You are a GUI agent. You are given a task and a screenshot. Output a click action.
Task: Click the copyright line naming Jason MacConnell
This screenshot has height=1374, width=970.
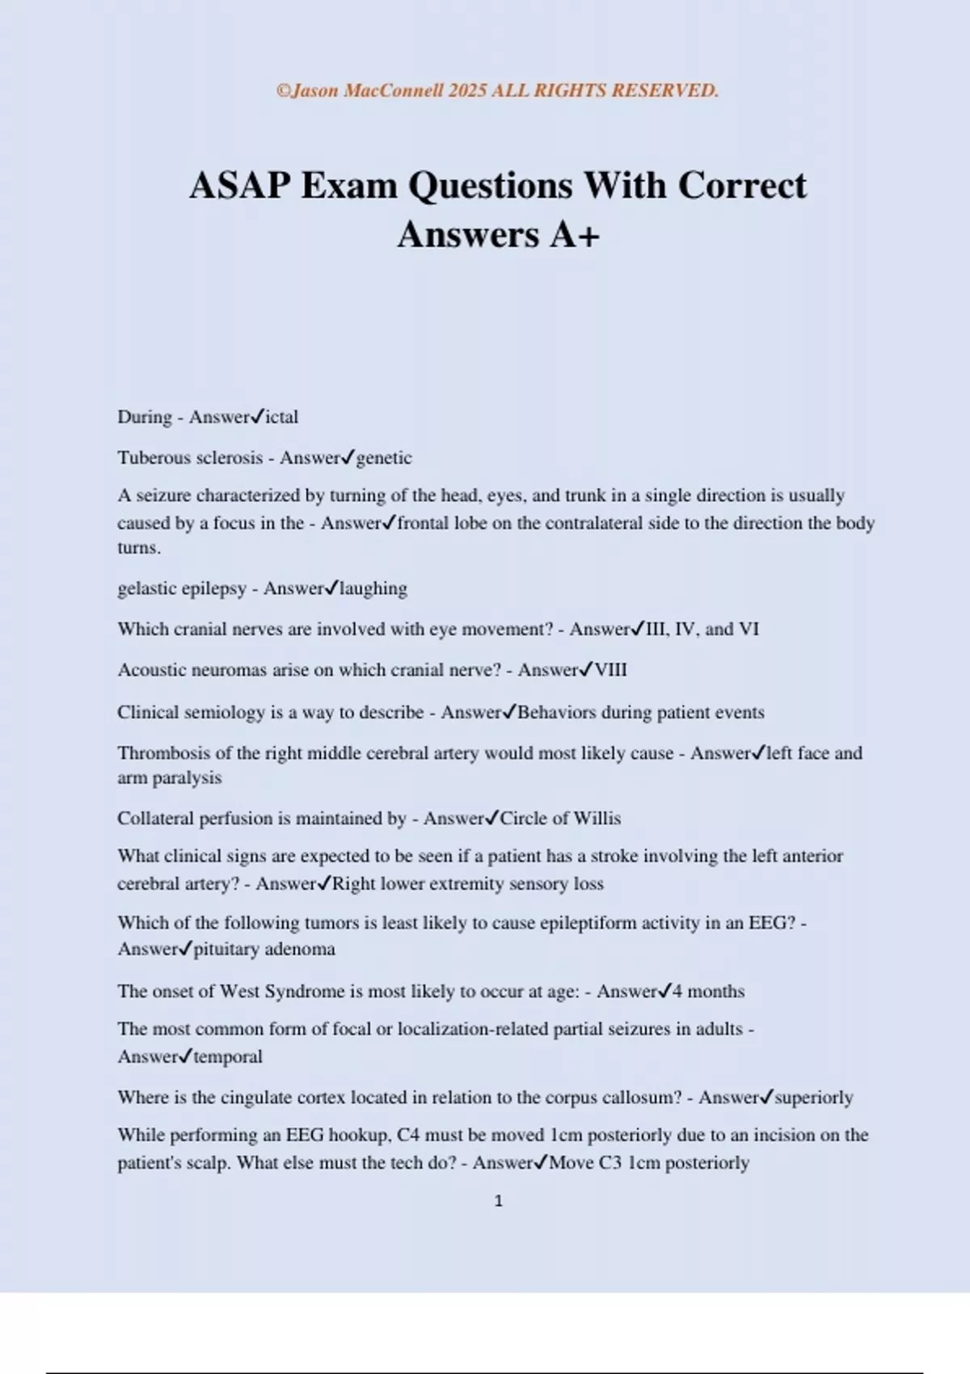click(x=497, y=91)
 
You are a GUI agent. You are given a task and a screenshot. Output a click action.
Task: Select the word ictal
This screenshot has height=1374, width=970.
click(x=282, y=417)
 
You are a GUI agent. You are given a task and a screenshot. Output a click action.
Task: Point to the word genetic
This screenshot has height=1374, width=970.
click(x=384, y=458)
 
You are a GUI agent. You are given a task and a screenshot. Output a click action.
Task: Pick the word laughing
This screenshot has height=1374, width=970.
click(x=373, y=588)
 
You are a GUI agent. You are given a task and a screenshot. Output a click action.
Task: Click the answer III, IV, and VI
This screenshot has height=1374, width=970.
click(x=702, y=629)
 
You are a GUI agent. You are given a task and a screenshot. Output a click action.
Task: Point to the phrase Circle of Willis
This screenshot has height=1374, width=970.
click(x=560, y=818)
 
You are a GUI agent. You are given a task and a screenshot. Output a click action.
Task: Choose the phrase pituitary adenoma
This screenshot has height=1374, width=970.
click(x=264, y=949)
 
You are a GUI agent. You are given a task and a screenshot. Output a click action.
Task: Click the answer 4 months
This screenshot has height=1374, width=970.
click(x=708, y=991)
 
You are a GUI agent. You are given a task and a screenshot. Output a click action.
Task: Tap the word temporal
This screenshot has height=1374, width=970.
click(x=228, y=1056)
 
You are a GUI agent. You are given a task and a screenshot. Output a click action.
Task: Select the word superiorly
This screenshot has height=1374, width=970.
click(x=814, y=1098)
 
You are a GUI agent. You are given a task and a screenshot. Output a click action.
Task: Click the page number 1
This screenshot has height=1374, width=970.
click(x=498, y=1201)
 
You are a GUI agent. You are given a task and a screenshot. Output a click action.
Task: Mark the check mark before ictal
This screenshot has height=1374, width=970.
click(x=257, y=416)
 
